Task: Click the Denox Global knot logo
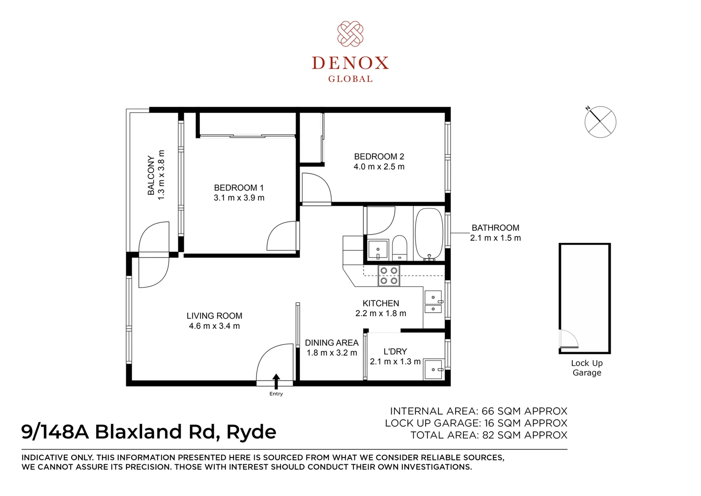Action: [x=350, y=34]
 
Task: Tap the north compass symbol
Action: [x=600, y=122]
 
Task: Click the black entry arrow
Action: [x=276, y=382]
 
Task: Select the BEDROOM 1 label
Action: [x=239, y=188]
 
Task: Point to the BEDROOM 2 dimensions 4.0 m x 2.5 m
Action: [x=379, y=167]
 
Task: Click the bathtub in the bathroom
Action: [x=429, y=234]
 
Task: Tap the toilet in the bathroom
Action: [x=399, y=247]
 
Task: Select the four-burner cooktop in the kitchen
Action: [x=389, y=276]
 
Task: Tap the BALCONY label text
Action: [x=151, y=175]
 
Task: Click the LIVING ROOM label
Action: [x=214, y=316]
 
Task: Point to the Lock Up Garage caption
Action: [x=587, y=368]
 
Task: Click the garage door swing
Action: [x=568, y=339]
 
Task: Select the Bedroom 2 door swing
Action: [x=316, y=187]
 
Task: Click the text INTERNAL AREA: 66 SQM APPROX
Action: [x=478, y=411]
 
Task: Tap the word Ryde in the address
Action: [x=251, y=432]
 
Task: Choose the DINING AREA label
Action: [x=331, y=343]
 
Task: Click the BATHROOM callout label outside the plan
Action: [x=495, y=228]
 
